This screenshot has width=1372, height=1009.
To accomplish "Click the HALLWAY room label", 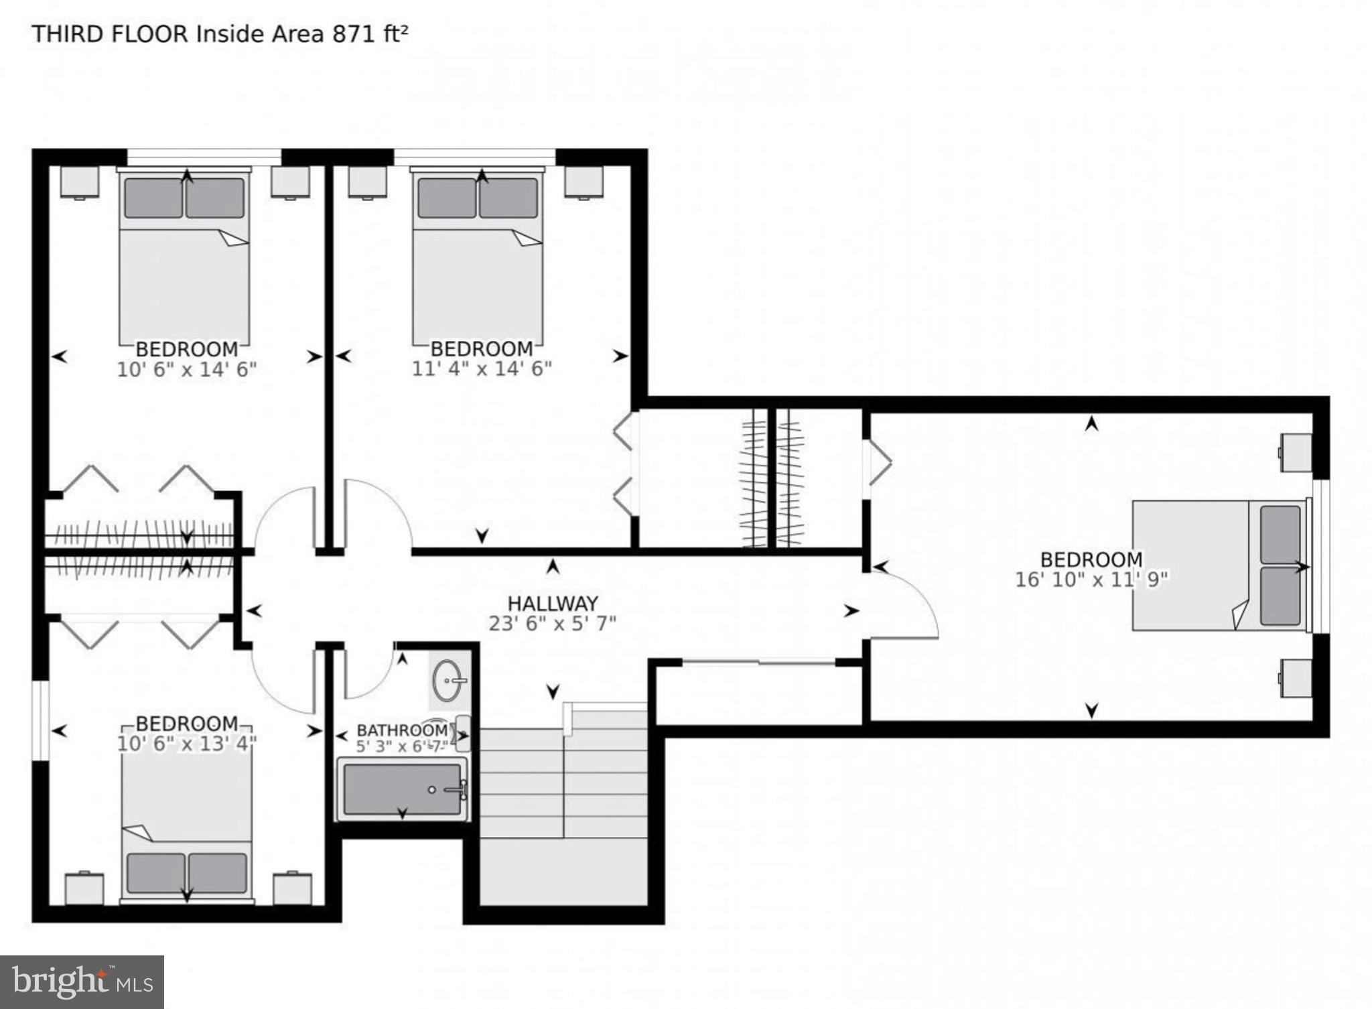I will (x=552, y=603).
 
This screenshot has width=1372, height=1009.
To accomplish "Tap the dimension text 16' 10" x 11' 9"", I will (x=1091, y=580).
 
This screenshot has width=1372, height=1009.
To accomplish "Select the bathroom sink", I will (x=448, y=681).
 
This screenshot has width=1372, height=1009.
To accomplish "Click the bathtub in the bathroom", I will (x=402, y=789).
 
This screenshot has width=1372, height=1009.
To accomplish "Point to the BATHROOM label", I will (x=402, y=730).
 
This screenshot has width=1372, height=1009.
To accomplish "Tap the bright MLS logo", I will (x=82, y=982).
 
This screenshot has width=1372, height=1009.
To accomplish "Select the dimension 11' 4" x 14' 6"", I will (x=481, y=368).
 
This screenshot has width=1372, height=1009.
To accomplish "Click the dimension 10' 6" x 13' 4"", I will (x=187, y=744).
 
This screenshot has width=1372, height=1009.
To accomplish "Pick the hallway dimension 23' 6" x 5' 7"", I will (x=552, y=624).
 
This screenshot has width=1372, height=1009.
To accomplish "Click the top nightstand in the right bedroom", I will (x=1296, y=453).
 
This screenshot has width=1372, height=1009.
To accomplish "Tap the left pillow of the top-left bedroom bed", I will (x=151, y=198).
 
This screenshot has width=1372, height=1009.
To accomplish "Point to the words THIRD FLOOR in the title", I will (x=110, y=34).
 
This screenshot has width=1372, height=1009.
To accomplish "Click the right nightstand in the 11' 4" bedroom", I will (x=584, y=181).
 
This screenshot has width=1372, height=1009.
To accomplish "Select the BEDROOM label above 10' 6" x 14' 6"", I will (x=187, y=348).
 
